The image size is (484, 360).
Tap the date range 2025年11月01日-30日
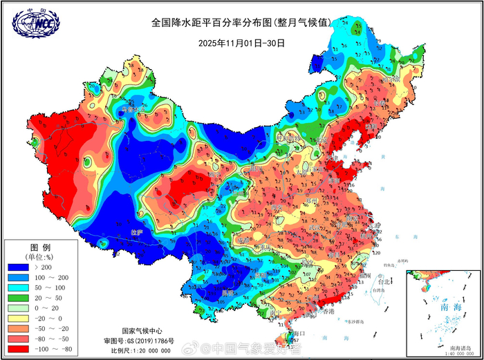point(241,43)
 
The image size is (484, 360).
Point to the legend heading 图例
point(39,247)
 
